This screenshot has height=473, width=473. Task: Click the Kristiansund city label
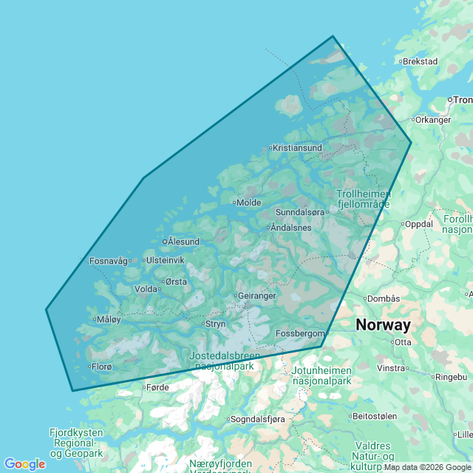click(297, 148)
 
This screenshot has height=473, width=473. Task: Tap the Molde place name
click(249, 203)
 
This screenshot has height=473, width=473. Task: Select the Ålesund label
click(183, 242)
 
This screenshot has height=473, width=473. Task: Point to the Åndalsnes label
click(291, 228)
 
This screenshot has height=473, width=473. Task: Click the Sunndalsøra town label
click(299, 212)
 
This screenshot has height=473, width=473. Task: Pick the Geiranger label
click(257, 296)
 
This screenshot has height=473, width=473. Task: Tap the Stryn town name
click(216, 324)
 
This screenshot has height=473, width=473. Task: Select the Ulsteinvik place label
click(165, 260)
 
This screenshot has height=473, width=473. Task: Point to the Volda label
click(146, 289)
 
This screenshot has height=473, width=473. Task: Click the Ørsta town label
click(176, 282)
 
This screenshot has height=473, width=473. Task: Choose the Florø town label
click(101, 367)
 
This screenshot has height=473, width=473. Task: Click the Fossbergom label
click(300, 333)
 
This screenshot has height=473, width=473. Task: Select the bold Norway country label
click(383, 324)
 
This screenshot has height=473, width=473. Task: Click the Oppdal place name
click(418, 224)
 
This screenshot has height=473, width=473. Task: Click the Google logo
click(24, 464)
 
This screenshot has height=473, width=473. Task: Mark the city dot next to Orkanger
click(412, 119)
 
